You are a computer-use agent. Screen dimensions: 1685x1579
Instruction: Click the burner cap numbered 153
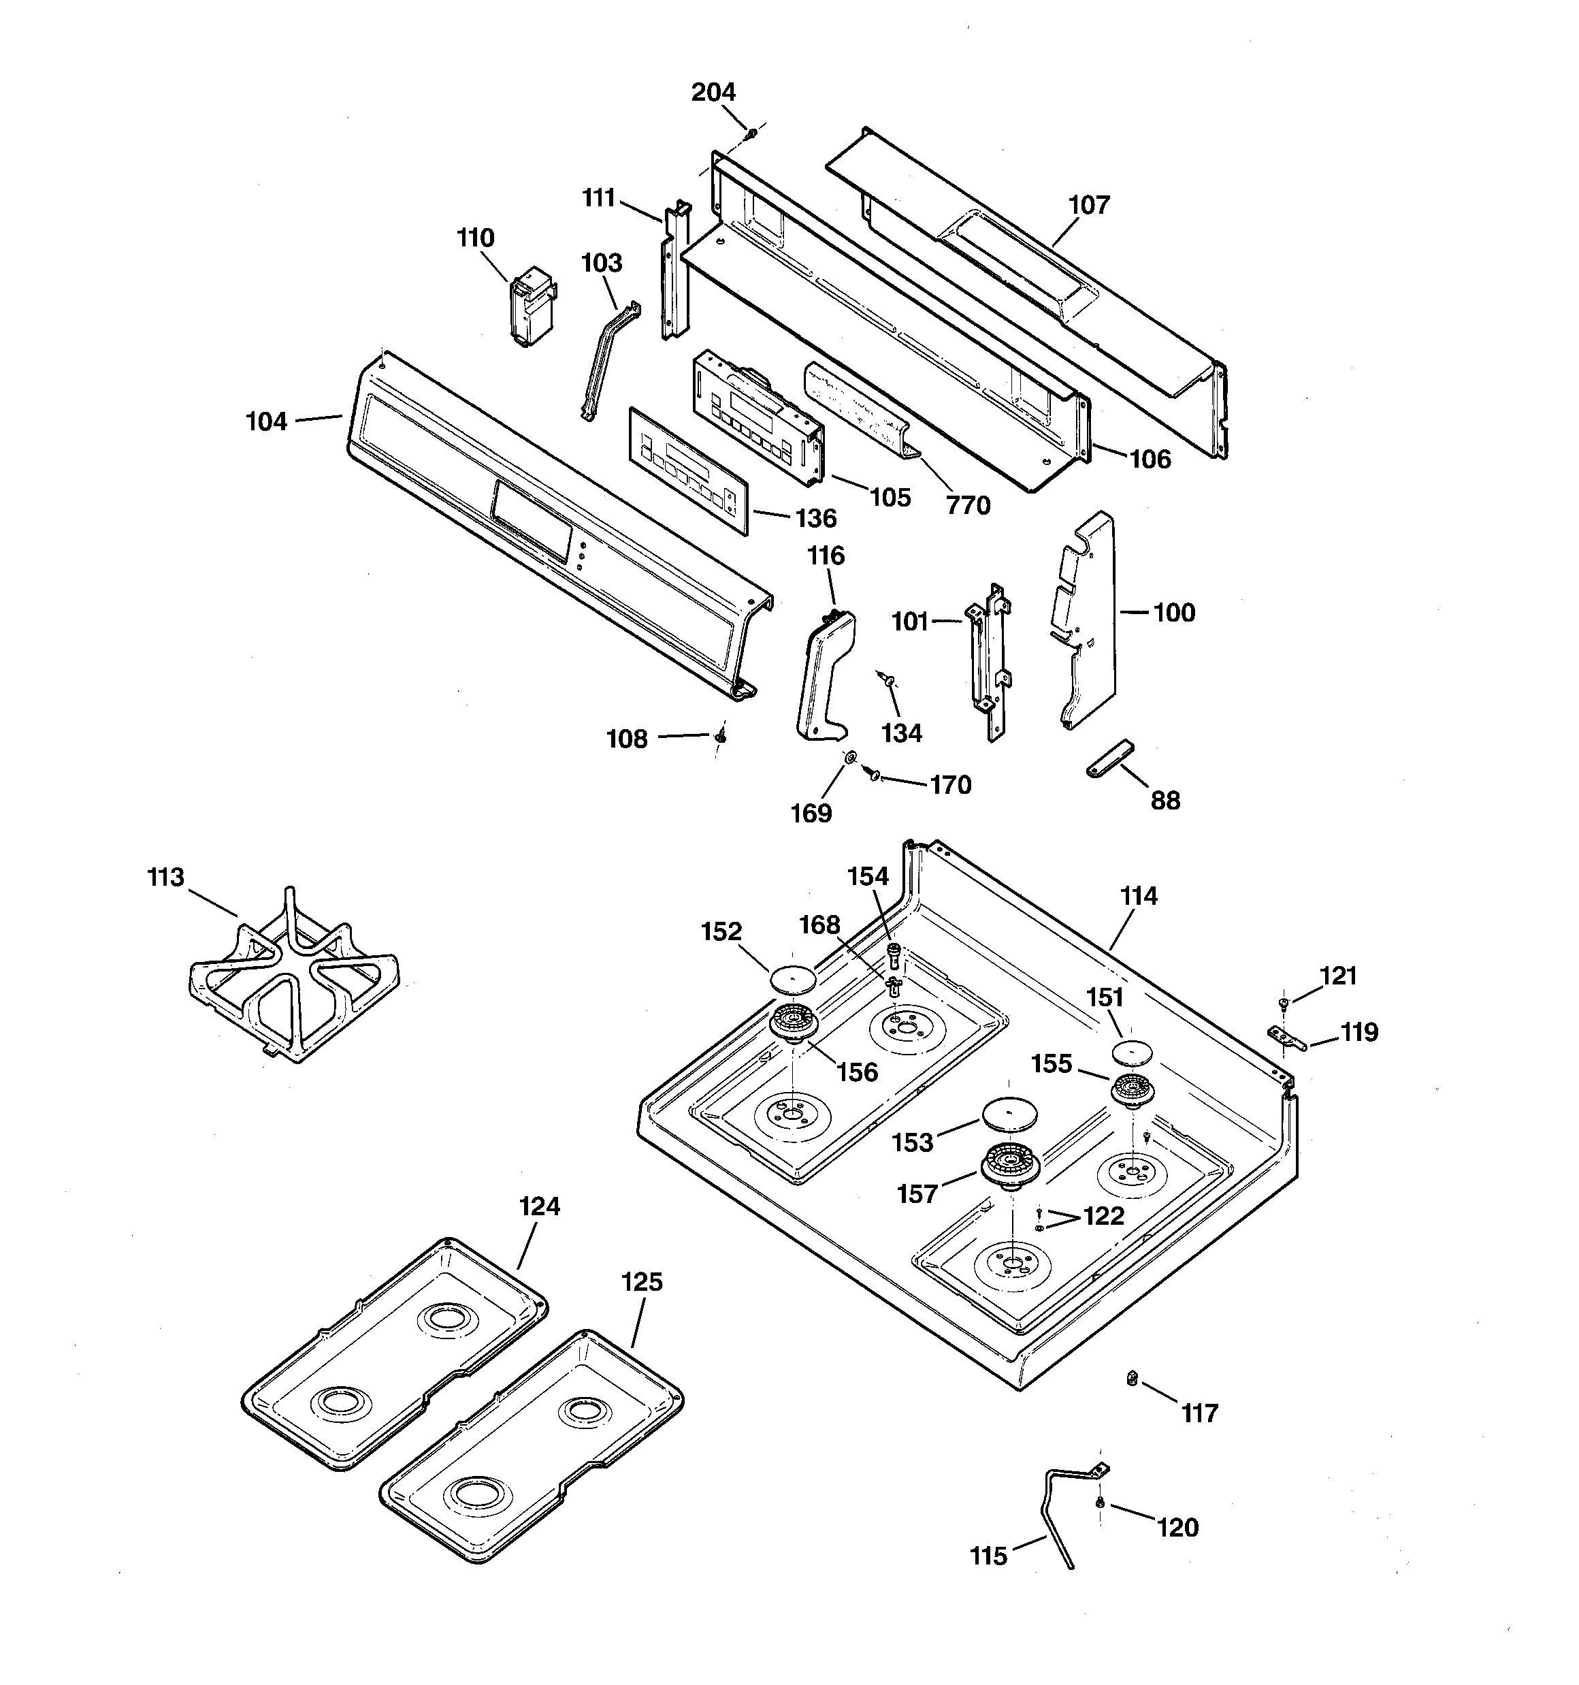click(1009, 1113)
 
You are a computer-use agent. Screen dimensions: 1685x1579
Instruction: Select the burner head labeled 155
click(1133, 1089)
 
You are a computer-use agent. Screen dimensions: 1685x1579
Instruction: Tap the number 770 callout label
click(968, 506)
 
